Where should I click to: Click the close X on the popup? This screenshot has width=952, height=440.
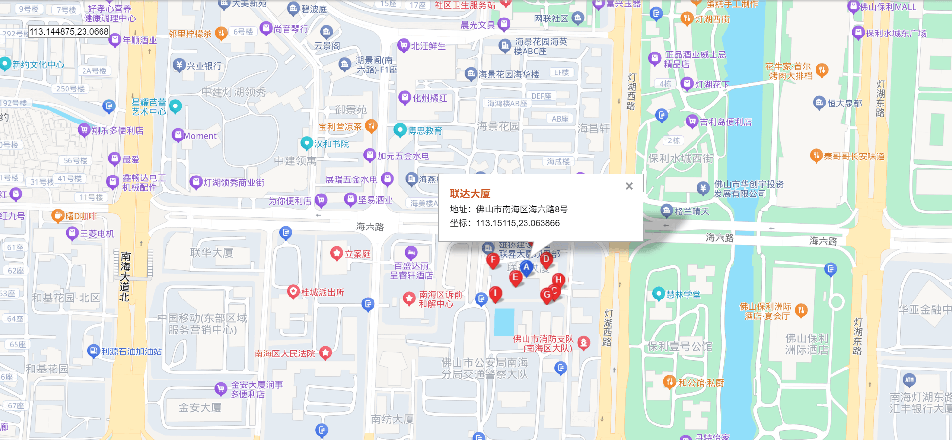point(629,186)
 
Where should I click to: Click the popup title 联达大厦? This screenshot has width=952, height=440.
point(470,194)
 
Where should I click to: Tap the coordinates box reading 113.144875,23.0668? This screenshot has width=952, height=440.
point(69,32)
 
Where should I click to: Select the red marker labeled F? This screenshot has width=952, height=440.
point(493,260)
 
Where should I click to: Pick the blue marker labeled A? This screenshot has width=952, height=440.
point(526,267)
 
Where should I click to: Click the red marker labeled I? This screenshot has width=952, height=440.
point(495,293)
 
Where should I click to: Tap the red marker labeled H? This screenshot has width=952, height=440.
point(559,280)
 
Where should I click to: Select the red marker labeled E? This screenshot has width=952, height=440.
point(515,277)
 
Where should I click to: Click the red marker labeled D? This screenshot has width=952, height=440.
point(546,259)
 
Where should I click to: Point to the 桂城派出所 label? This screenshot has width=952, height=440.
point(323,292)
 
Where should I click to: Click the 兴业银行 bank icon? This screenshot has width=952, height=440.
point(179,65)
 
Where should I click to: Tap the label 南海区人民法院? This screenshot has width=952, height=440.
point(285,353)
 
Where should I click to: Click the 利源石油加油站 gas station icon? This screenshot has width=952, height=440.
point(93,351)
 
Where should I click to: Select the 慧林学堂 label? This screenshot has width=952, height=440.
point(683,294)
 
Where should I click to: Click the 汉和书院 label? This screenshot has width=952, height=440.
point(331,143)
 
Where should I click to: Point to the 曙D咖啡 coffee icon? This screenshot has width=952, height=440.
point(58,215)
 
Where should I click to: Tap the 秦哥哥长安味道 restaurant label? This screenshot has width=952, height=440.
point(854,156)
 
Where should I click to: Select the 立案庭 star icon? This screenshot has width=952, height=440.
point(337,253)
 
